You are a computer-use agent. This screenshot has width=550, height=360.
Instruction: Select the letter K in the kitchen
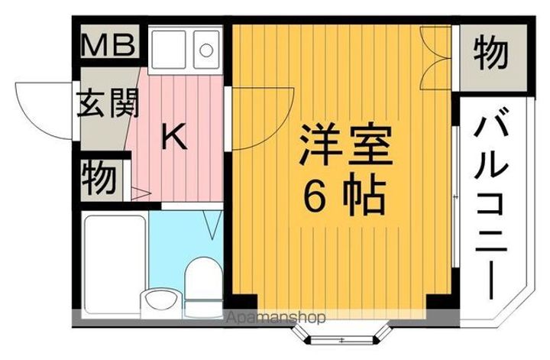click(174, 137)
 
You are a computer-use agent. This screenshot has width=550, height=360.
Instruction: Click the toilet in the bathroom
click(201, 282)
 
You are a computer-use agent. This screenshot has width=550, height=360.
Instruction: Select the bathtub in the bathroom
click(113, 249)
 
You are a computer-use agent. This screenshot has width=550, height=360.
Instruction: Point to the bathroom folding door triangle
click(212, 224)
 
